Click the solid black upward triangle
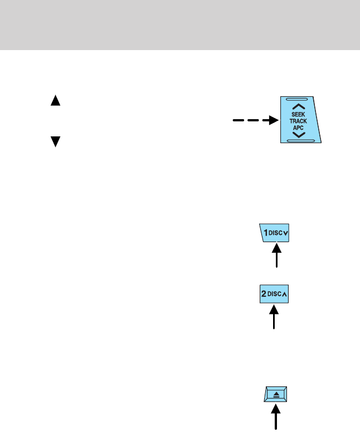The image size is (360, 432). click(55, 101)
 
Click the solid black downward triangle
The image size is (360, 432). click(55, 141)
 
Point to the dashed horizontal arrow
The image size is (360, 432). click(253, 120)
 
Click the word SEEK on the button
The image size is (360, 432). click(299, 114)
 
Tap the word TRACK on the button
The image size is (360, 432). click(299, 120)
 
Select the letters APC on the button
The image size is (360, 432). click(299, 127)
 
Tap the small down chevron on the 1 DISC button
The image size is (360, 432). click(286, 233)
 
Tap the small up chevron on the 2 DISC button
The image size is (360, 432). click(286, 295)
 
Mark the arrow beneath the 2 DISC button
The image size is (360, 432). click(274, 317)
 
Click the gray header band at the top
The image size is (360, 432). click(180, 24)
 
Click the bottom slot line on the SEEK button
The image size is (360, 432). click(301, 141)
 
